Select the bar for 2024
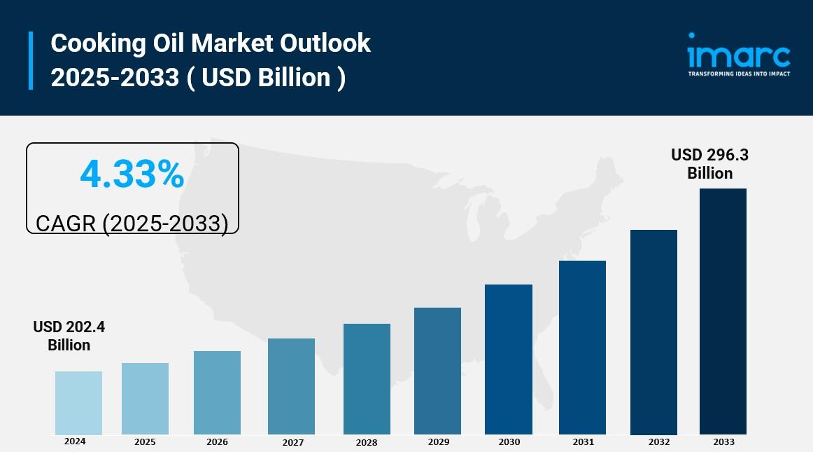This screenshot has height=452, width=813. (78, 403)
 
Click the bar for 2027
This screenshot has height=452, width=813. (291, 386)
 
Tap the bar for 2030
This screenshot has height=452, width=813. (509, 359)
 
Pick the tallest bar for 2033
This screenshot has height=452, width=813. (723, 311)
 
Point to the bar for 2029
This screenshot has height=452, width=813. (437, 371)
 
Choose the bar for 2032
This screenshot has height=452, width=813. (653, 332)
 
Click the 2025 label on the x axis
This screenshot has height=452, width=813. (145, 442)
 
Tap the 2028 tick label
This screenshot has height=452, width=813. (366, 443)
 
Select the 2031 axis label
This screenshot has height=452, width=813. (582, 442)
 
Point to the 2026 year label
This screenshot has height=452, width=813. (217, 442)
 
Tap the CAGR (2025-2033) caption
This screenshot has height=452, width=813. (132, 223)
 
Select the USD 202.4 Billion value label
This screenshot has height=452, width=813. (69, 336)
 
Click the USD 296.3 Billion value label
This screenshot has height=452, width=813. (709, 164)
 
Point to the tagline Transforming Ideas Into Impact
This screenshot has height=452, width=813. (739, 74)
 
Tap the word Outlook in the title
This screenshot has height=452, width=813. (325, 43)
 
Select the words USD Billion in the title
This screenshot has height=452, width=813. (266, 77)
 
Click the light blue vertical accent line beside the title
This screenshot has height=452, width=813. (31, 60)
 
